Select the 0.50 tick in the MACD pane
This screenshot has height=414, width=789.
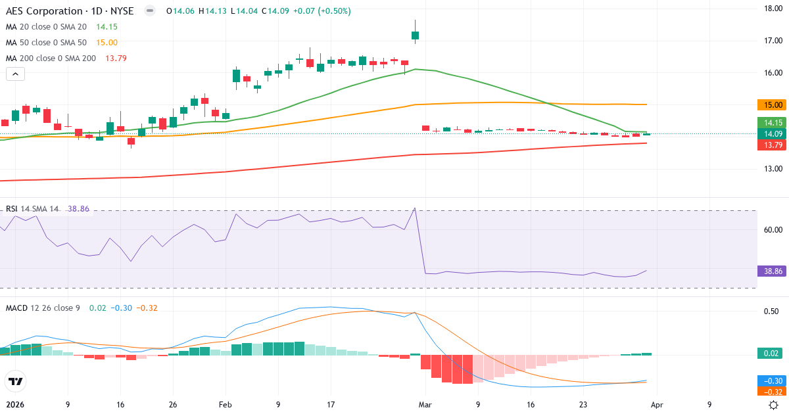click(x=771, y=311)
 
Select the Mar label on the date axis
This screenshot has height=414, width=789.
click(x=425, y=405)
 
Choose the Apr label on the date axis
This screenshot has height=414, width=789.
click(x=657, y=405)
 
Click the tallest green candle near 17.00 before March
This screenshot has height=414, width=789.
click(x=416, y=35)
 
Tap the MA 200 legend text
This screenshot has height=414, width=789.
click(x=51, y=58)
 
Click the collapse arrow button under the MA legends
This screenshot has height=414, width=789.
click(x=15, y=74)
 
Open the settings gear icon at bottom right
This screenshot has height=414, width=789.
click(x=775, y=405)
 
